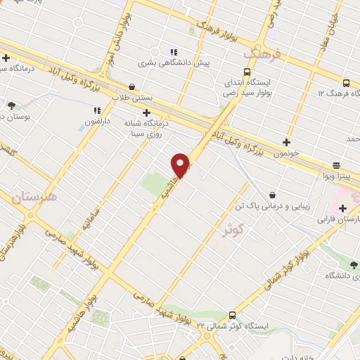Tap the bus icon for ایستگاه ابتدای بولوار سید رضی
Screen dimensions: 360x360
point(247,72)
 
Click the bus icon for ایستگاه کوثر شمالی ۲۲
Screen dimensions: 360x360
point(232,316)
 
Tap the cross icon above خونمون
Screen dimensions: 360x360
point(286,141)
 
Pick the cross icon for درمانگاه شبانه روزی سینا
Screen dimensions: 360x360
point(146,112)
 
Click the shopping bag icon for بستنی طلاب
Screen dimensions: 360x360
point(131,87)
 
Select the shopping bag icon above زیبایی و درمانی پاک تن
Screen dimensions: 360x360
point(272,195)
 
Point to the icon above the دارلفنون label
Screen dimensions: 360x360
point(97,110)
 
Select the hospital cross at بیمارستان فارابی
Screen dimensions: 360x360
point(343,208)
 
